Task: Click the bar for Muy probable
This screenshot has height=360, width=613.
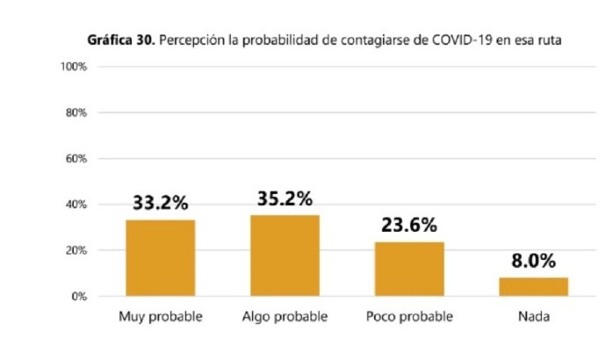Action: click(160, 258)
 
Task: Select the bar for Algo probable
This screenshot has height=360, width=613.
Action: click(285, 256)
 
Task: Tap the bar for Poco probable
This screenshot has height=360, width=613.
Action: click(409, 269)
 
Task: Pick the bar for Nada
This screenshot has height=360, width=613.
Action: click(534, 287)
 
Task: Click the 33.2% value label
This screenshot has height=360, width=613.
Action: click(160, 203)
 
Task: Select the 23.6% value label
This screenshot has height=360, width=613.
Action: click(409, 225)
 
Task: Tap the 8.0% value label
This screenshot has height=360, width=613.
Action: click(534, 261)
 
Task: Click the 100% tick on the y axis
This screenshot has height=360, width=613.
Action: click(73, 68)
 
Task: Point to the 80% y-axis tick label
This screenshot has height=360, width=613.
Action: click(76, 113)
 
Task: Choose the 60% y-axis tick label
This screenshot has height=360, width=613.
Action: click(76, 159)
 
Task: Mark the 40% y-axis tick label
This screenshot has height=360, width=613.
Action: click(76, 205)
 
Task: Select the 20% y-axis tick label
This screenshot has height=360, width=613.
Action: click(76, 250)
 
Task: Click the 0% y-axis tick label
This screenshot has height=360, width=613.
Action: click(78, 297)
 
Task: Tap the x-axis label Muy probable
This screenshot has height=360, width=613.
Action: click(160, 316)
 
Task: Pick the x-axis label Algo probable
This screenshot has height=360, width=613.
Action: click(285, 316)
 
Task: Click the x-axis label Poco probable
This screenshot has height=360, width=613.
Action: click(409, 316)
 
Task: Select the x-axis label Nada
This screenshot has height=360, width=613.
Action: click(534, 316)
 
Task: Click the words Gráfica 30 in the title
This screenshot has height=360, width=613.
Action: click(119, 40)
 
